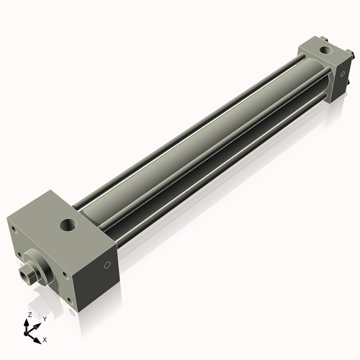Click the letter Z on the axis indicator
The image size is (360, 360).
pyautogui.click(x=29, y=315)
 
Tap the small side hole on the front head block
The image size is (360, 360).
pyautogui.click(x=107, y=265)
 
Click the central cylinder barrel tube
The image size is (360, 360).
pyautogui.click(x=202, y=144)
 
